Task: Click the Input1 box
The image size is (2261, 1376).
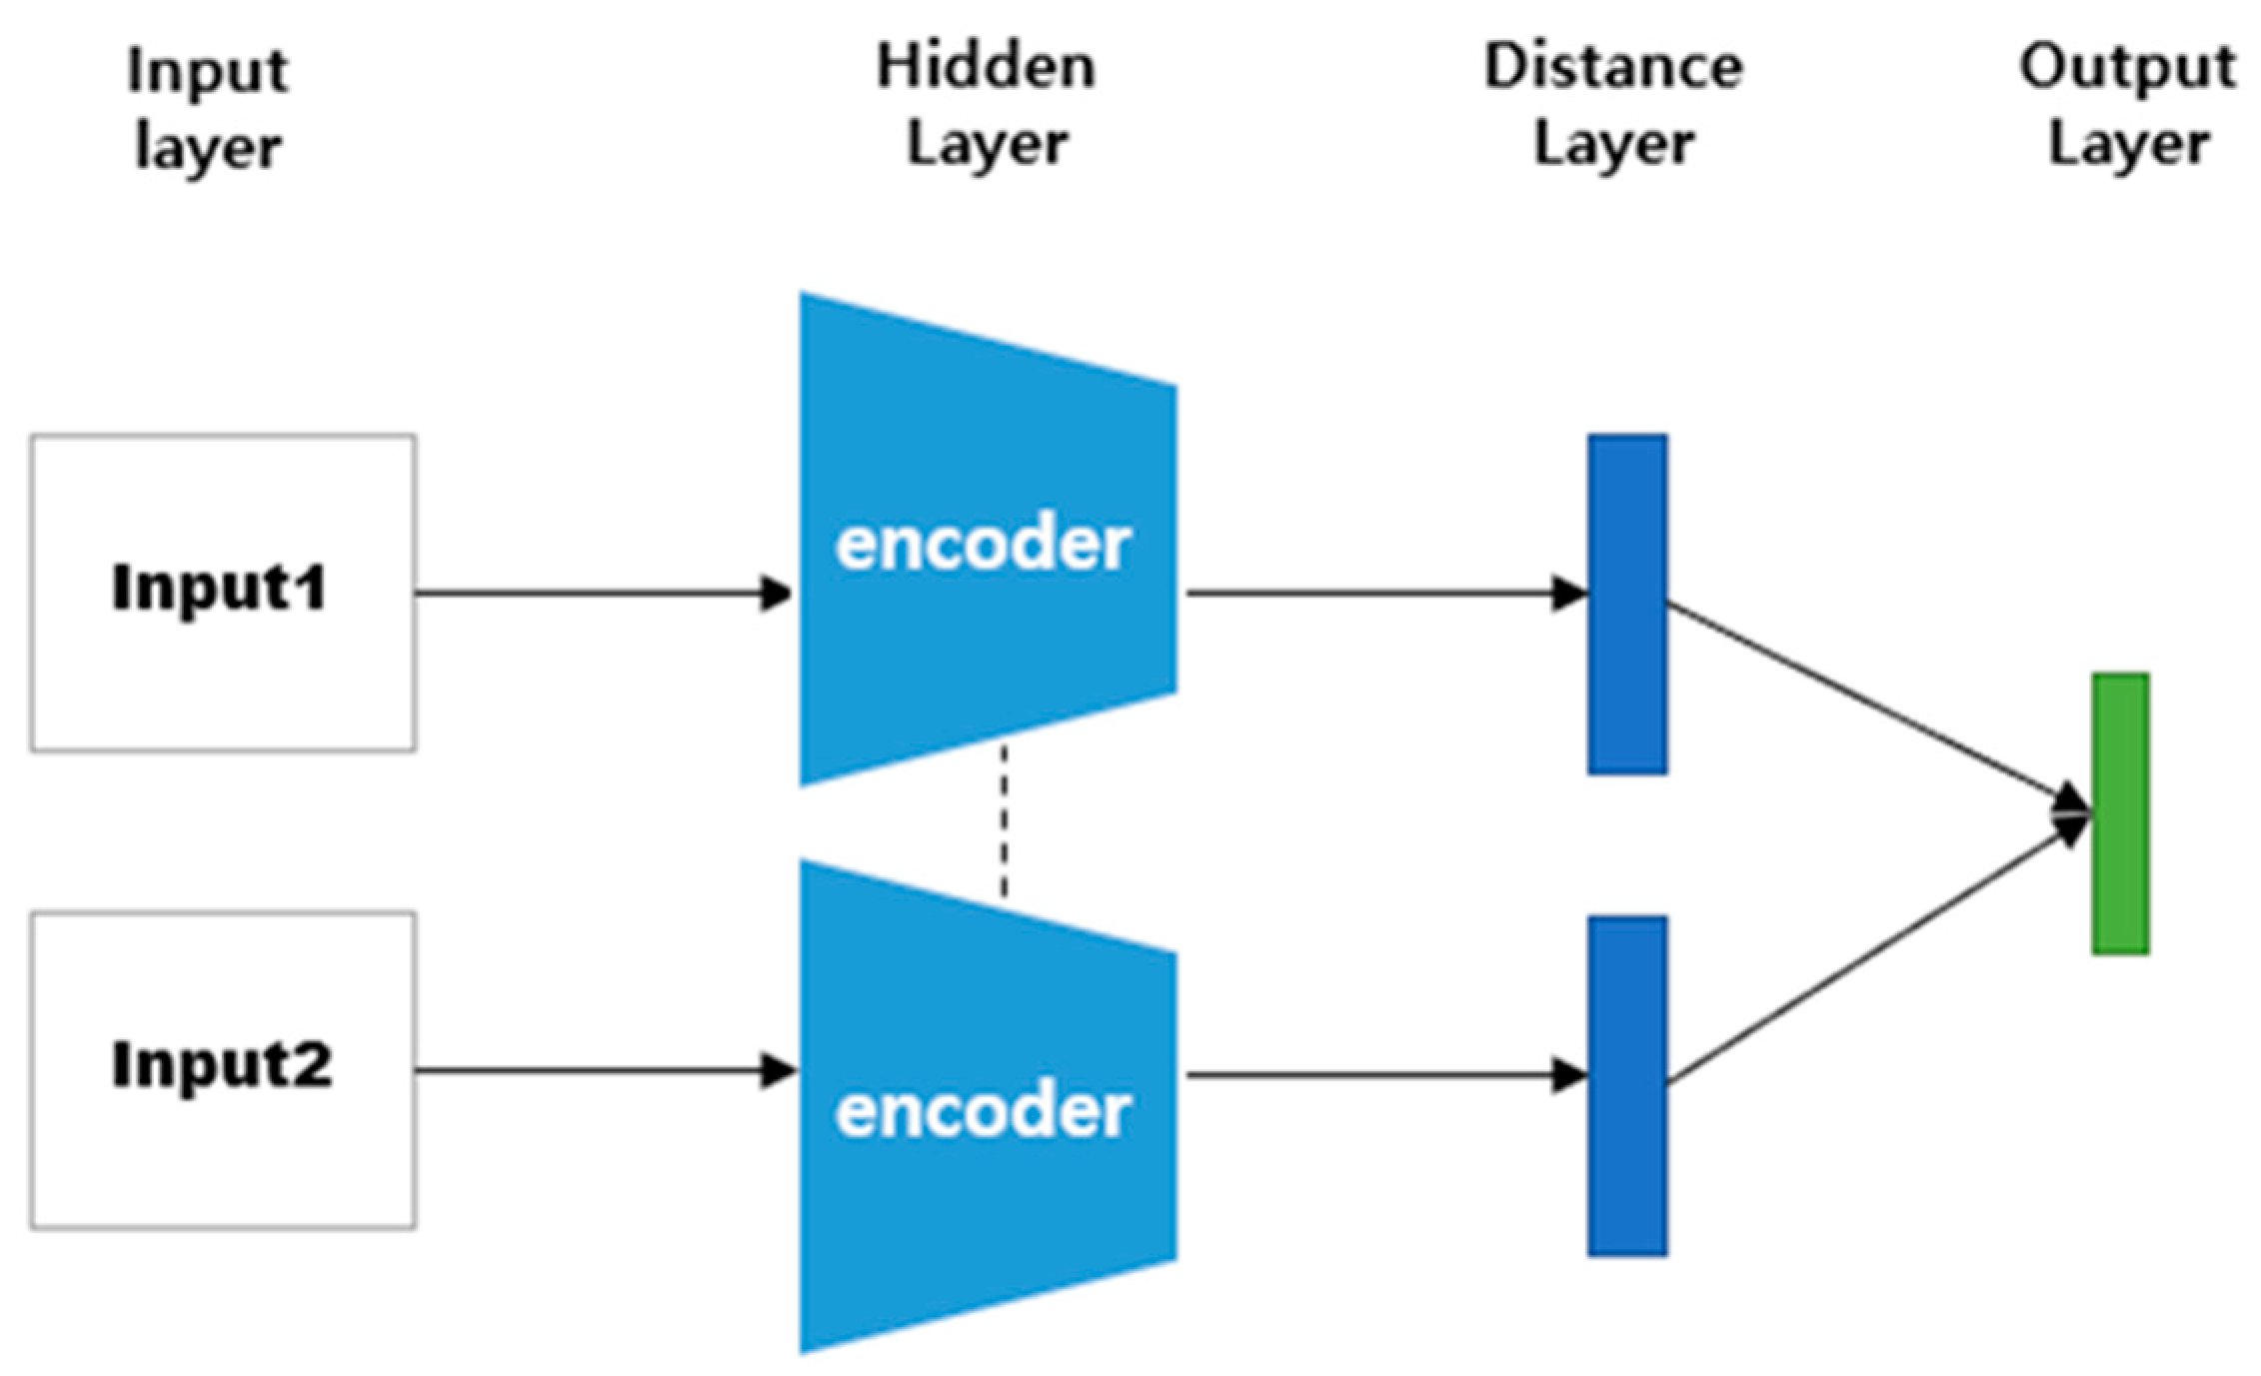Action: tap(222, 593)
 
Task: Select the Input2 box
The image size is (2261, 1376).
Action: tap(222, 1069)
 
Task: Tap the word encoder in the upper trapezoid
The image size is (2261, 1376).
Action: tap(983, 546)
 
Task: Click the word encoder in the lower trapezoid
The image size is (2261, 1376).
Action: tap(983, 1111)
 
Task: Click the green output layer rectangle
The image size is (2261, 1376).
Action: tap(2120, 813)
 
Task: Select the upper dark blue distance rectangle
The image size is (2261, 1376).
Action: tap(1627, 604)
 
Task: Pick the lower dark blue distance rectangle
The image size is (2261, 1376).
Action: tap(1627, 1085)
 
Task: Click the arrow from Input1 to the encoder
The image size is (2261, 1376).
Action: tap(600, 594)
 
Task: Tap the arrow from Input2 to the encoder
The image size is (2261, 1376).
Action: tap(600, 1071)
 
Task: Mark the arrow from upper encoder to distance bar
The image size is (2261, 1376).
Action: tap(1379, 594)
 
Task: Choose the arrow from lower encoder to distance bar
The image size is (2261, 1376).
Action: tap(1379, 1075)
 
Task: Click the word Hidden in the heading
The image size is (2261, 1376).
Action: tap(986, 67)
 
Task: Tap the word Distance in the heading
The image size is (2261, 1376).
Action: tap(1613, 67)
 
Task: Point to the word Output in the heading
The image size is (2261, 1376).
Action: tap(2127, 67)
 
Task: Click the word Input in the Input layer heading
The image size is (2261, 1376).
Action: tap(208, 72)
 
